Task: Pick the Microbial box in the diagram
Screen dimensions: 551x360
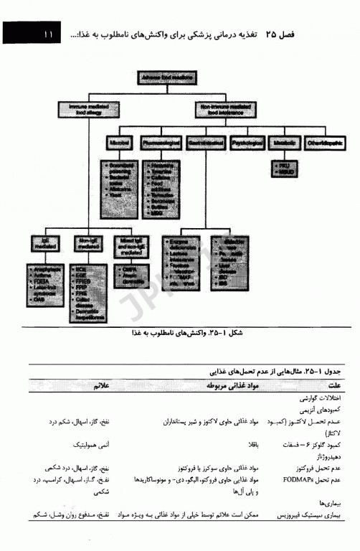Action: [118, 143]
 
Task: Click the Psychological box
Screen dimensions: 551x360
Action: [247, 143]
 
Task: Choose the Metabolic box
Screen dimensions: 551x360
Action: [288, 143]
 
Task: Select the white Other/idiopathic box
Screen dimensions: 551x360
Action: [329, 143]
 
